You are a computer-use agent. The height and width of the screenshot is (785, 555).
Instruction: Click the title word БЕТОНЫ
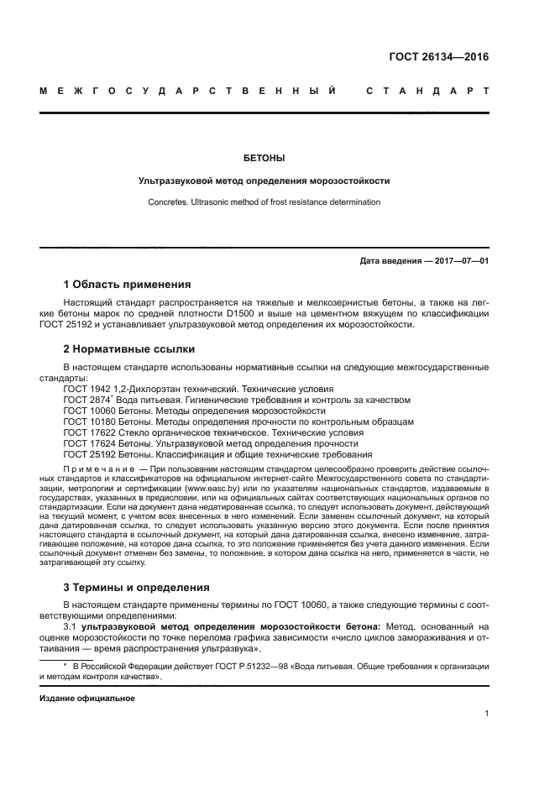coord(264,157)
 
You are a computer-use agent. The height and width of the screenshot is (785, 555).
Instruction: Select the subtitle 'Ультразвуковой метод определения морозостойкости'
coord(264,181)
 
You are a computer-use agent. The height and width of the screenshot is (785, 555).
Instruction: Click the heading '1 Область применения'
coord(127,284)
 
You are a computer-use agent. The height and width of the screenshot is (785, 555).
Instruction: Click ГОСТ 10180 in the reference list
coord(88,422)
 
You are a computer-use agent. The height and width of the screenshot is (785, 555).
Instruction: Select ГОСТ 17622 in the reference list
coord(88,432)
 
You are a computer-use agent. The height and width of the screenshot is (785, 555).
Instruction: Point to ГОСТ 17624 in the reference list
coord(88,443)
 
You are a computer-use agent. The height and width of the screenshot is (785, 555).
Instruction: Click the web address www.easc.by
coord(203,487)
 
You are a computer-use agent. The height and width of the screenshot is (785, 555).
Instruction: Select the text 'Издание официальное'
coord(87,698)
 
